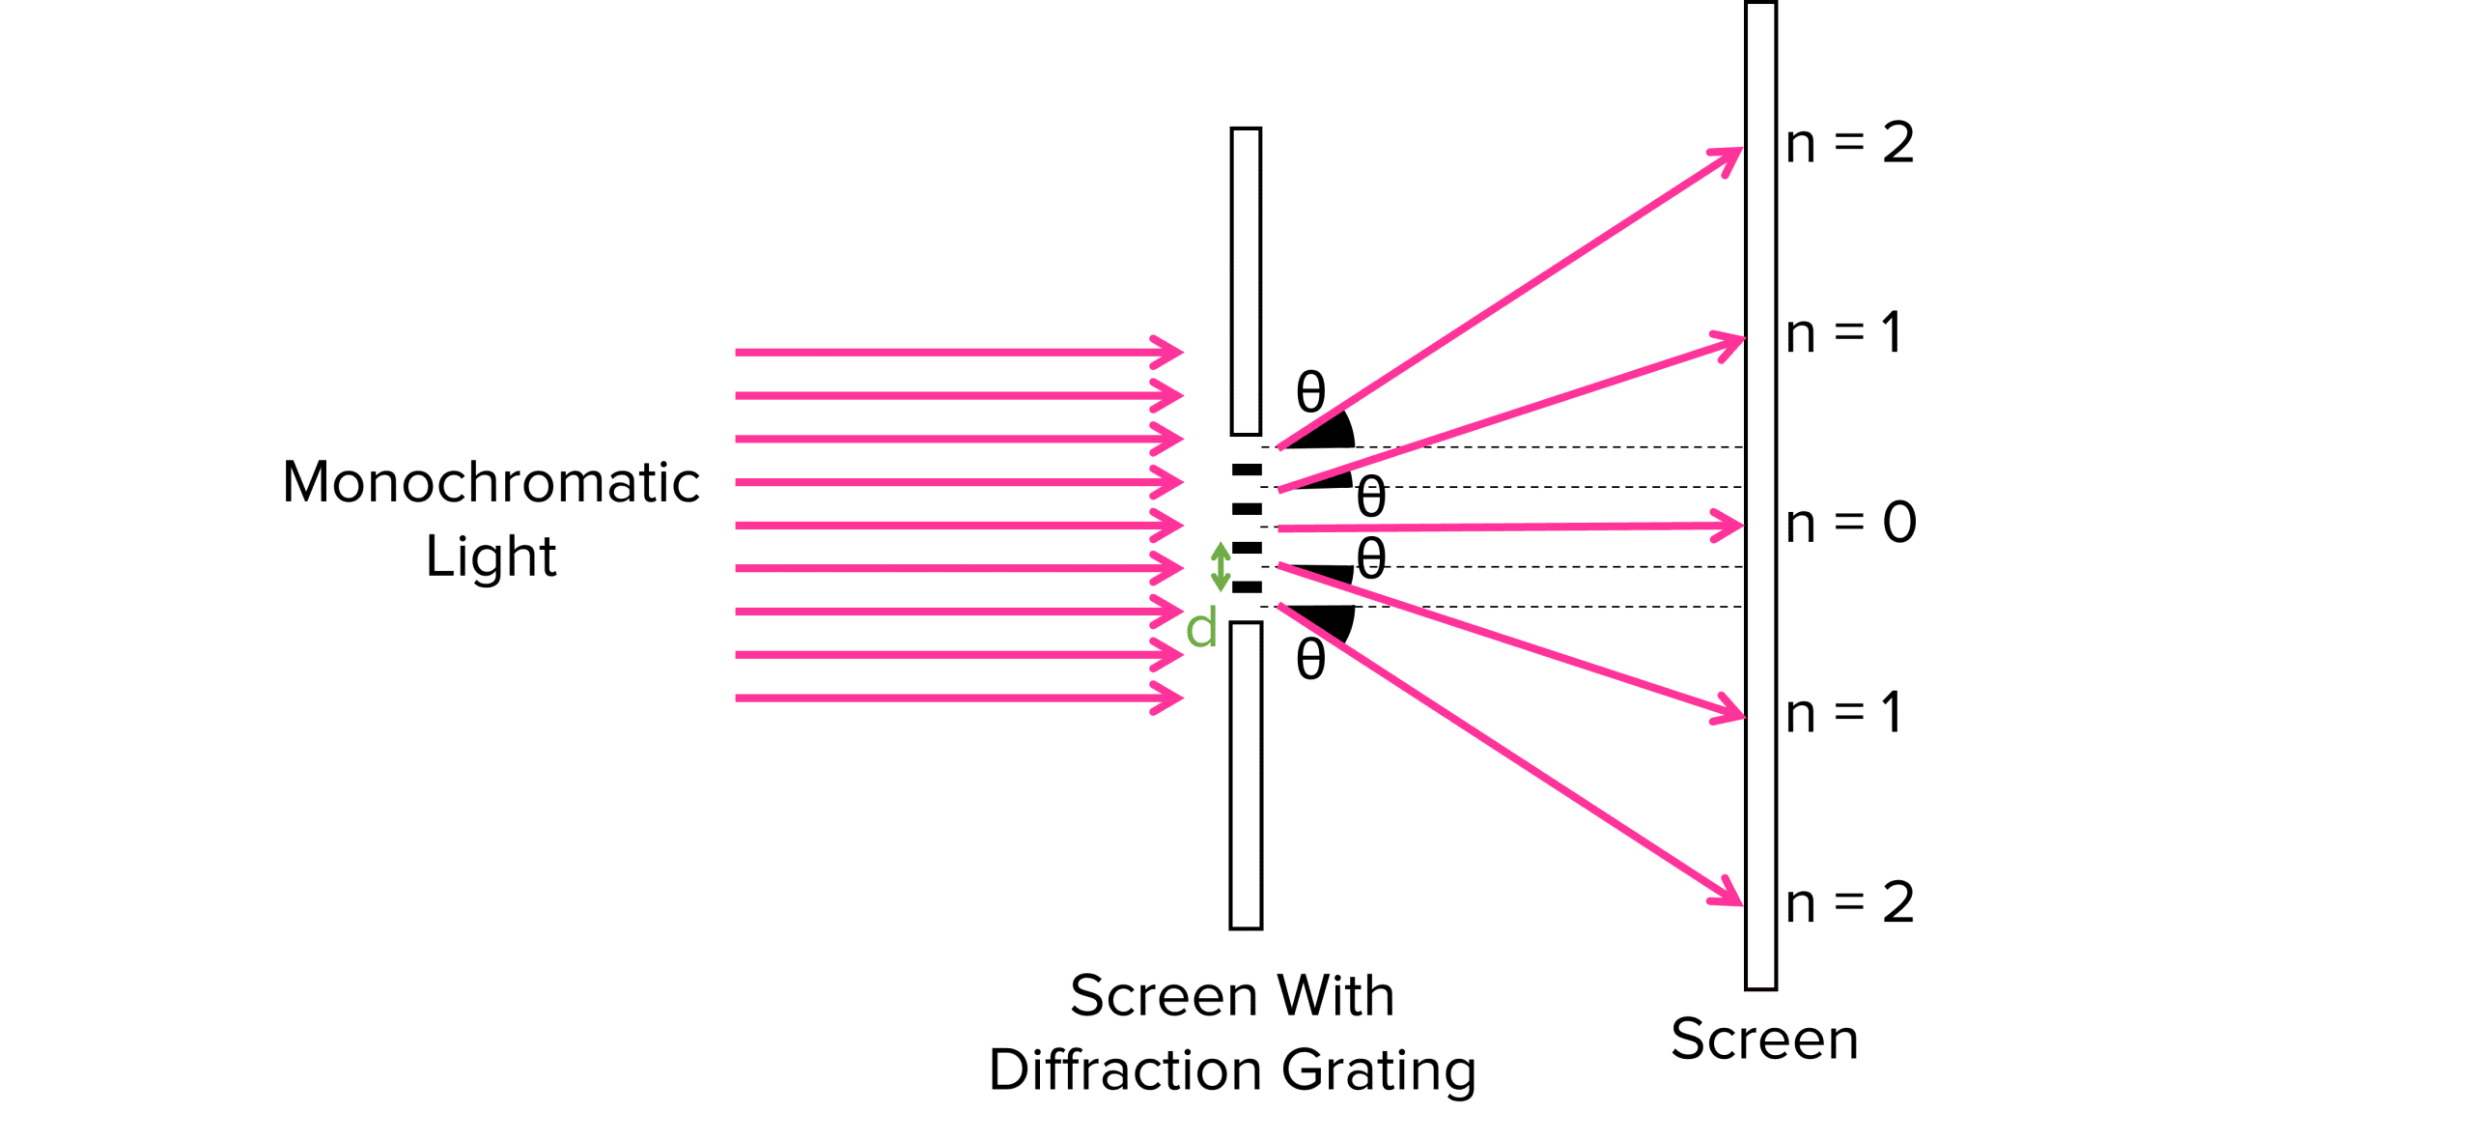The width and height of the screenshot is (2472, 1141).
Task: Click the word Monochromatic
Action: [x=491, y=482]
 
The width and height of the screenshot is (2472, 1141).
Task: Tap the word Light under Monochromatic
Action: [x=491, y=557]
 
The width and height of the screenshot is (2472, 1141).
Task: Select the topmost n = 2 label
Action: [x=1849, y=144]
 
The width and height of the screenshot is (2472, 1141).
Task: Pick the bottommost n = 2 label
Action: [x=1849, y=903]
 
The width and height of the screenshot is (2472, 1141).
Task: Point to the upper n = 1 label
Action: [x=1843, y=334]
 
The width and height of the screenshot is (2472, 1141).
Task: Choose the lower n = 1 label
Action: [x=1843, y=714]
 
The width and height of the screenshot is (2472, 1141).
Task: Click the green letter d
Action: [x=1201, y=630]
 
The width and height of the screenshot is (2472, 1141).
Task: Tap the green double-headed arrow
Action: [x=1221, y=566]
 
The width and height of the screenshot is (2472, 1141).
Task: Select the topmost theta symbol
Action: [x=1310, y=393]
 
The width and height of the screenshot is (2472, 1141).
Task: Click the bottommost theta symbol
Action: [x=1310, y=662]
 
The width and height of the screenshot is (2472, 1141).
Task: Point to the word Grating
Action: [x=1379, y=1071]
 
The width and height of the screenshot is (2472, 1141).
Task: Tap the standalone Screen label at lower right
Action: [x=1764, y=1040]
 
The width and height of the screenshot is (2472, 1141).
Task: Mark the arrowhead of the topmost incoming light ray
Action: [x=1171, y=352]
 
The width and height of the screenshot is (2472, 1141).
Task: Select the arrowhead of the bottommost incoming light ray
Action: [x=1171, y=698]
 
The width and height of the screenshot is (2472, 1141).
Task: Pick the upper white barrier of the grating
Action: [x=1246, y=280]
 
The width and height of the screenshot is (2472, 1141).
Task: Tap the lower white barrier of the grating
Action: [x=1246, y=775]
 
